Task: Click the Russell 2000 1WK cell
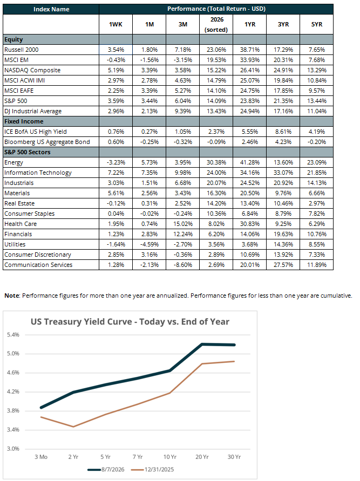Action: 116,50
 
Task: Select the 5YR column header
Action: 316,24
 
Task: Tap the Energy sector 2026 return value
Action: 216,162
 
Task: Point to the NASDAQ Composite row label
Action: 32,70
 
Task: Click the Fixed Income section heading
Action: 24,121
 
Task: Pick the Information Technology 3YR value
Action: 283,173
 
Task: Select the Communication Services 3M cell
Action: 183,265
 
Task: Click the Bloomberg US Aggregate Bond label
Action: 47,142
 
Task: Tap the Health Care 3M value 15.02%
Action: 183,224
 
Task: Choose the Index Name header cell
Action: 51,9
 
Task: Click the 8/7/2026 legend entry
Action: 106,469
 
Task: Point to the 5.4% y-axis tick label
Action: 13,335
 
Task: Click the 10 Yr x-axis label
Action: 169,457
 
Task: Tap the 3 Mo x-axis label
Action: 41,457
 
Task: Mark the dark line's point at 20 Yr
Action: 202,344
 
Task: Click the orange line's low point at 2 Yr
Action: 73,427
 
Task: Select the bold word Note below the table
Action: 12,296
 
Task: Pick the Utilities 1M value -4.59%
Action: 150,244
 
